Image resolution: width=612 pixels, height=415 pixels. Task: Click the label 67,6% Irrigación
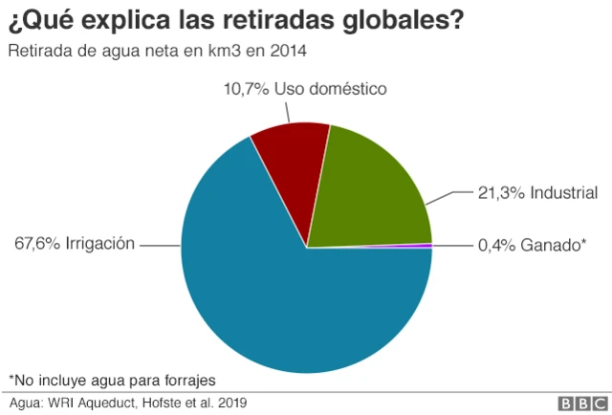tap(75, 245)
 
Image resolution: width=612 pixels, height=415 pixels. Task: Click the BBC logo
tap(580, 403)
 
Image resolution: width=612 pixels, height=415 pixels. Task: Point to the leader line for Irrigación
tap(160, 246)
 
